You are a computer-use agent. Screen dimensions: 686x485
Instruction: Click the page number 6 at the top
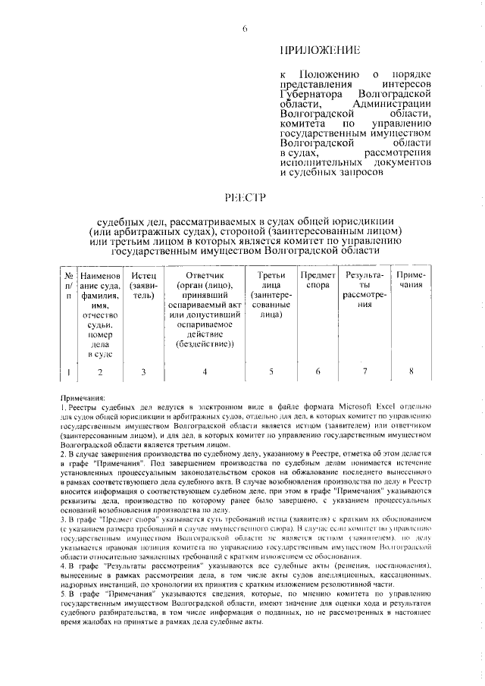(x=245, y=29)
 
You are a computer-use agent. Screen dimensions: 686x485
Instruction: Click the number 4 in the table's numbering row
(x=204, y=371)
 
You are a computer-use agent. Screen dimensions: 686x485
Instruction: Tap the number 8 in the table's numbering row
(x=411, y=371)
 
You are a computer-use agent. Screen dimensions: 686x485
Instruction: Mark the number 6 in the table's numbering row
(x=318, y=371)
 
